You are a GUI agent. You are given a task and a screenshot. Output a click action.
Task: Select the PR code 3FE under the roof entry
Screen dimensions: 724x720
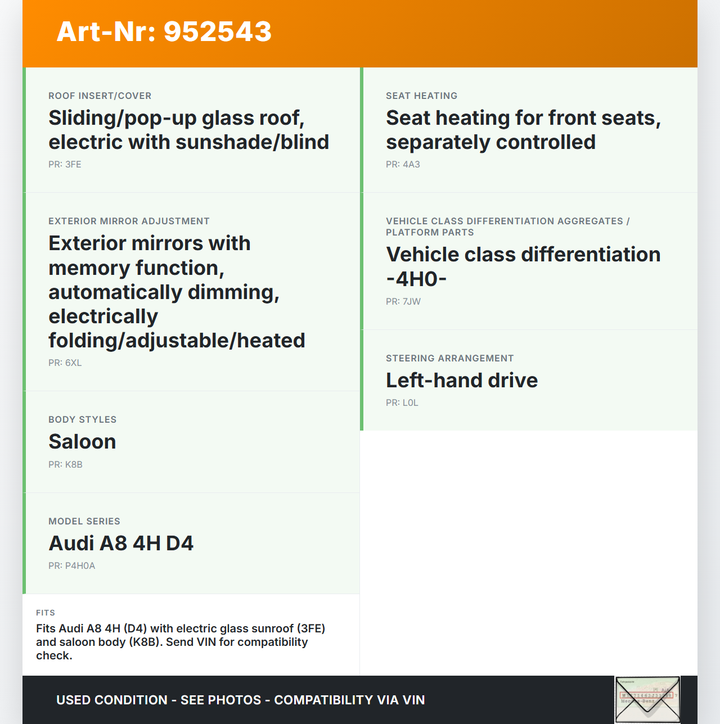click(x=65, y=164)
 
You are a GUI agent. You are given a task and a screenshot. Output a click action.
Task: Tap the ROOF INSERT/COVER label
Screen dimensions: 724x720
click(x=100, y=96)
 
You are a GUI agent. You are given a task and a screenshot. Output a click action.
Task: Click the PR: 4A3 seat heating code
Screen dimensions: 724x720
click(x=403, y=164)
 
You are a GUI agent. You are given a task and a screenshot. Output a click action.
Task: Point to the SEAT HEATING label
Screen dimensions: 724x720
click(x=421, y=96)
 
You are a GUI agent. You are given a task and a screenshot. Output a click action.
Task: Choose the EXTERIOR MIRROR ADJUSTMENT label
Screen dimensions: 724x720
click(x=129, y=221)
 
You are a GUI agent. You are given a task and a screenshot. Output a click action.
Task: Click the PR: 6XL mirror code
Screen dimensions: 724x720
click(x=65, y=363)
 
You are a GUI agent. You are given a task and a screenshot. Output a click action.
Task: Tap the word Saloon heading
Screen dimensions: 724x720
click(x=82, y=442)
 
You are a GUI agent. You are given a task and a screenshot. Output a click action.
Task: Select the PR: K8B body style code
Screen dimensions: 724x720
click(x=65, y=464)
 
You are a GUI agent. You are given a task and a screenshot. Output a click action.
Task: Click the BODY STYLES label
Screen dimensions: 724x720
click(x=82, y=419)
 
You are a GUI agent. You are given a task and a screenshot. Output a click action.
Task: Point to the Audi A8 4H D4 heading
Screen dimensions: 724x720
click(x=121, y=544)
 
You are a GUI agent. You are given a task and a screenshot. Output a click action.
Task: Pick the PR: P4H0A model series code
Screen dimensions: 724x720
click(x=71, y=565)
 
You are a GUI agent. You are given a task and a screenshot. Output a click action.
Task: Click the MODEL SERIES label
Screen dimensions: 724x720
click(x=84, y=521)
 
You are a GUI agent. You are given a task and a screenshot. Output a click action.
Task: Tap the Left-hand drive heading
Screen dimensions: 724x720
click(x=462, y=381)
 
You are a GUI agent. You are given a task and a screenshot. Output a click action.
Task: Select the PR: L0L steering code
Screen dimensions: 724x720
click(x=402, y=402)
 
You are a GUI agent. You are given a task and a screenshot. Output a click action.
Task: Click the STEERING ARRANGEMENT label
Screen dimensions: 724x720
click(x=449, y=358)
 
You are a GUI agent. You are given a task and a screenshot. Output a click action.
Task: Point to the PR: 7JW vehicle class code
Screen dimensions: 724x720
click(x=403, y=301)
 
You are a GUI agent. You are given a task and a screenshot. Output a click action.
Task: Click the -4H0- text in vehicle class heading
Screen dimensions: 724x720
click(x=416, y=279)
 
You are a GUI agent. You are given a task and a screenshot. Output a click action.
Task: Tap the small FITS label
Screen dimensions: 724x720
click(x=46, y=613)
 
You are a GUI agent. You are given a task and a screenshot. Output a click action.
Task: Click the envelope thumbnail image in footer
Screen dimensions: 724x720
click(x=647, y=700)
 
